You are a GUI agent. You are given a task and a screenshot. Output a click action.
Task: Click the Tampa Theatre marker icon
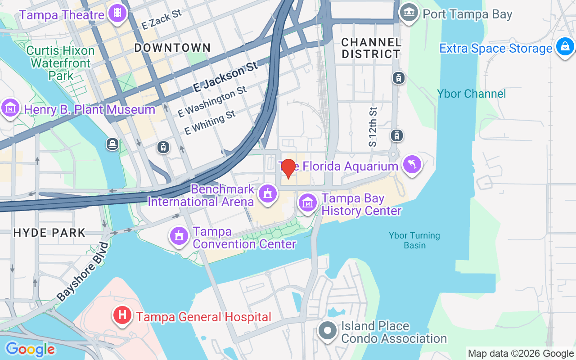pos(117,13)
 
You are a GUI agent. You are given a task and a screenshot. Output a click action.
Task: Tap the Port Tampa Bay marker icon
pos(409,13)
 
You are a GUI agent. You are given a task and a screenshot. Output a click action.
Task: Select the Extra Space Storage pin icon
pos(565,47)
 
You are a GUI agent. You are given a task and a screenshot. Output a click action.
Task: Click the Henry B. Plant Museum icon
pos(10,108)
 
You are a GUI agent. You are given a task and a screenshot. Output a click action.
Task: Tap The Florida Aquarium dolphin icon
pos(412,165)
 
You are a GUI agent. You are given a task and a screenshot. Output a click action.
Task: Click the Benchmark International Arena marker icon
pos(268,194)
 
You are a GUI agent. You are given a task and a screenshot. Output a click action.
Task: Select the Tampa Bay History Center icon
pos(308,203)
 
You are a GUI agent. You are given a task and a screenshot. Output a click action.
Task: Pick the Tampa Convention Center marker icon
pos(179,236)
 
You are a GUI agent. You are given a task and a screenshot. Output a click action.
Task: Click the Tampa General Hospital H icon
pos(122,315)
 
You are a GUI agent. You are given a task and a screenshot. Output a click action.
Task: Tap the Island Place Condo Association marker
pos(328,331)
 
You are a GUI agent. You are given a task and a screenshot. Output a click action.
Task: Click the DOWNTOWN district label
pos(172,48)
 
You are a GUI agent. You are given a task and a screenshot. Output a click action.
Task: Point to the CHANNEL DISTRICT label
pos(371,48)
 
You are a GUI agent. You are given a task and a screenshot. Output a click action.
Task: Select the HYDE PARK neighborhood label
pos(49,233)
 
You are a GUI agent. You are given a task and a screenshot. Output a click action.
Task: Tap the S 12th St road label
pos(373,127)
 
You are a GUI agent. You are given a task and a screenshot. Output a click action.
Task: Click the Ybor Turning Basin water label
pos(414,240)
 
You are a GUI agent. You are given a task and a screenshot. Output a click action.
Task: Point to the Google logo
pos(30,349)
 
